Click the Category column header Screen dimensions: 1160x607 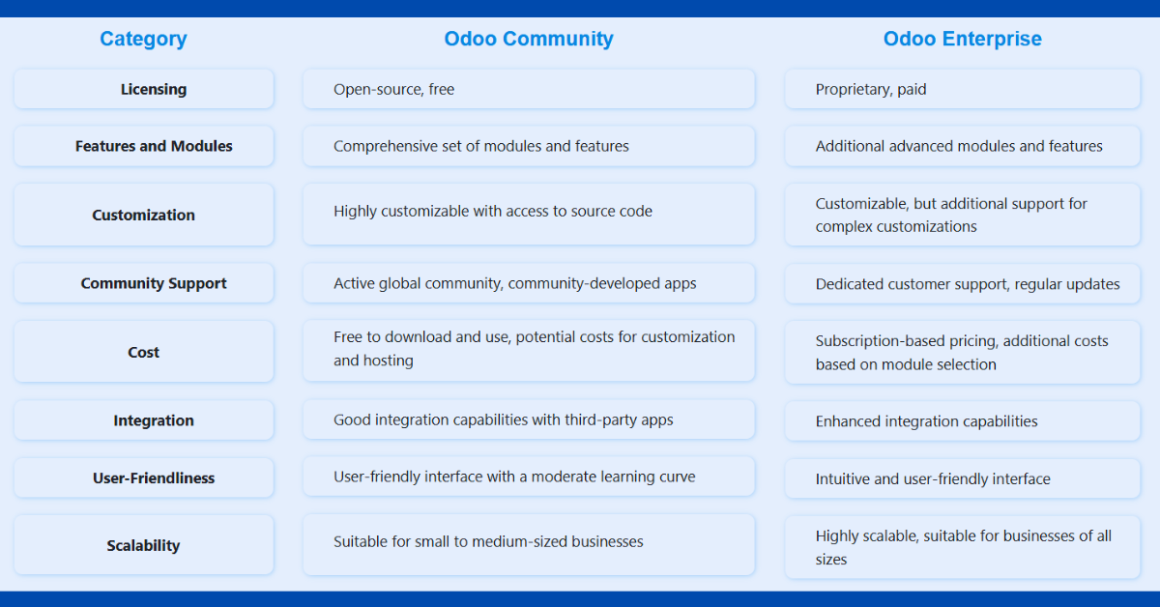pos(143,39)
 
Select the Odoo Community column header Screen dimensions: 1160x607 pos(529,39)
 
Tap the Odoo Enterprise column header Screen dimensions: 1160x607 pos(962,39)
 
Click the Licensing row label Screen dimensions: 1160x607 pos(154,89)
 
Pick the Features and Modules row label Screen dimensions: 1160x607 pos(154,146)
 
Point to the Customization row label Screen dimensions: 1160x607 pos(143,215)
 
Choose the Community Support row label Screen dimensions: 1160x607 pos(154,283)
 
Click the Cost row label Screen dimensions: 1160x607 pos(143,352)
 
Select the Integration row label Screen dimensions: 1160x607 pos(154,420)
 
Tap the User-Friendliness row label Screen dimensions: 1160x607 pos(154,478)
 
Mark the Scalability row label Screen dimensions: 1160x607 pos(143,545)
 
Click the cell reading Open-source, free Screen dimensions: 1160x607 pos(529,89)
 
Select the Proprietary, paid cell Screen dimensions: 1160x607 pos(962,89)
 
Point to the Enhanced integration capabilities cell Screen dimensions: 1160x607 pos(962,421)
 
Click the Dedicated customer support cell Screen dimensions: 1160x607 pos(962,284)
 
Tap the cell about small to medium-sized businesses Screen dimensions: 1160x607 pos(529,544)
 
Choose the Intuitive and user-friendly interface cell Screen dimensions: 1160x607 pos(962,478)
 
